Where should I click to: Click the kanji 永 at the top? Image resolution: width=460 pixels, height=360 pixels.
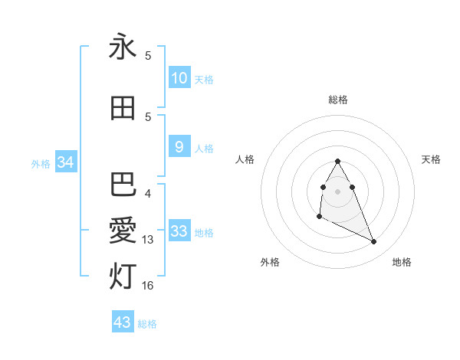point(123,47)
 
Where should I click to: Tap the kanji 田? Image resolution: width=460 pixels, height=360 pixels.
point(123,109)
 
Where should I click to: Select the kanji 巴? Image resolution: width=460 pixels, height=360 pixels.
point(123,185)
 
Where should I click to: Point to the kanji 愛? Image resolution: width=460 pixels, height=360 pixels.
point(123,231)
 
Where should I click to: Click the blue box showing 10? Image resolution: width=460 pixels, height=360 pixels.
point(179,78)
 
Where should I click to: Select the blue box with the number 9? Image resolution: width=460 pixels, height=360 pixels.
point(179,147)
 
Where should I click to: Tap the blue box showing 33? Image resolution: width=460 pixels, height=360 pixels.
point(179,231)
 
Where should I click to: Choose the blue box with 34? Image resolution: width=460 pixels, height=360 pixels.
point(65,162)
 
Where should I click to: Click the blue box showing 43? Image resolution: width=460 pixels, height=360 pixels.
point(123,322)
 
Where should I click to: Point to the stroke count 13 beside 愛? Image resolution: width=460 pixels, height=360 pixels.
point(149,240)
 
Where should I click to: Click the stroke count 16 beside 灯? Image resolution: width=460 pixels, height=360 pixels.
point(149,286)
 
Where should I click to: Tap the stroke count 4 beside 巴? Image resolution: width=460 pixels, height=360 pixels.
point(148,193)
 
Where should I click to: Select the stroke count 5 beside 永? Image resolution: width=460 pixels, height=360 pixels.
point(148,56)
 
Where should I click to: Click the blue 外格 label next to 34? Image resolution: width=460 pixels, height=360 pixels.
point(41,163)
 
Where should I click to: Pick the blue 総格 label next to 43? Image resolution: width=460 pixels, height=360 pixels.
point(147,324)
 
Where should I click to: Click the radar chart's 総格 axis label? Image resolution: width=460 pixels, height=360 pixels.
point(338,100)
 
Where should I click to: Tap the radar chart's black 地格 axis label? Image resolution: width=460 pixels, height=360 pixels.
point(402,262)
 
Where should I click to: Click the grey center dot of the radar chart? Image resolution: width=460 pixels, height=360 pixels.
point(338,191)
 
